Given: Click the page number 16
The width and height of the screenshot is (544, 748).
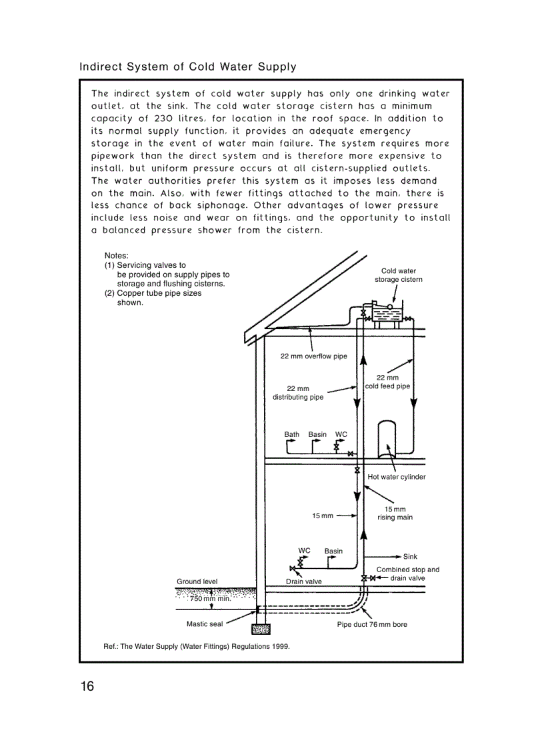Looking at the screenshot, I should (87, 687).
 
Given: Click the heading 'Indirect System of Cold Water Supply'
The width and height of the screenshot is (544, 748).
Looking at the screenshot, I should (188, 67).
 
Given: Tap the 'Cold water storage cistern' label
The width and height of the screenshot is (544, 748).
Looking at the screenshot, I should (398, 275).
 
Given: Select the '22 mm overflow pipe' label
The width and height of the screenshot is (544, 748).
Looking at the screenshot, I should (313, 356).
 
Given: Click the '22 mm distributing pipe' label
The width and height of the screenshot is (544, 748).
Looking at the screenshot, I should (298, 393).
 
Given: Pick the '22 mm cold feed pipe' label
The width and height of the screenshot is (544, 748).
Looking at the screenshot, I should (387, 382).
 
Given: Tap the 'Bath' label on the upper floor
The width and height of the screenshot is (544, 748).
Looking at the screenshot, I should (292, 434).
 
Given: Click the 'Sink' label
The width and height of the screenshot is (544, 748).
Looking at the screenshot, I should (410, 556).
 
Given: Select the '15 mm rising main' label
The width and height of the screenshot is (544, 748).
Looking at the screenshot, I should (395, 513).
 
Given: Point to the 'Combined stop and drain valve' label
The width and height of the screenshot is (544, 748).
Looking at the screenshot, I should (407, 573).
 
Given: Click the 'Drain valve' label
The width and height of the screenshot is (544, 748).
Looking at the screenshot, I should (303, 581).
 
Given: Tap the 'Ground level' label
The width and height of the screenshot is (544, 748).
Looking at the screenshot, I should (197, 581).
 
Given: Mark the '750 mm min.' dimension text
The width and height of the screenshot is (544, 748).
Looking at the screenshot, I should (210, 598).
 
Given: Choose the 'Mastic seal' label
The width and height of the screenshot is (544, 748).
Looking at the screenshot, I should (204, 624).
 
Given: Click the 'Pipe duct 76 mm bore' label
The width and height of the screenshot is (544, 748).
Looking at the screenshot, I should (371, 624).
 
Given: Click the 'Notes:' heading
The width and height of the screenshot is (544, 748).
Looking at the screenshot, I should (116, 255).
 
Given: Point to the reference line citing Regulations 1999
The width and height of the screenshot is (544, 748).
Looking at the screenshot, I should (197, 646).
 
